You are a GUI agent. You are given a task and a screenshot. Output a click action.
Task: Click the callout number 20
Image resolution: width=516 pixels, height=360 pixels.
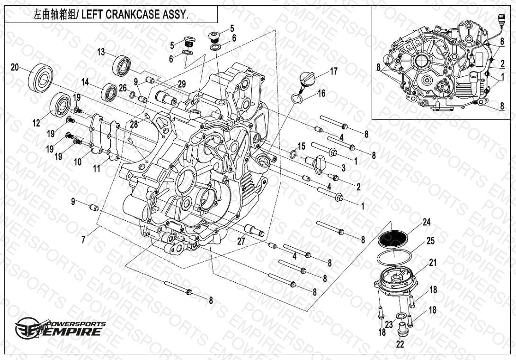pos(15,67)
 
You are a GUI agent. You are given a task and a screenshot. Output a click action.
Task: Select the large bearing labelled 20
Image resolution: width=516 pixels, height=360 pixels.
pos(41,78)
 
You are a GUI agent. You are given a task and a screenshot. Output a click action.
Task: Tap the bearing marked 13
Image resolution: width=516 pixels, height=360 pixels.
pos(122,66)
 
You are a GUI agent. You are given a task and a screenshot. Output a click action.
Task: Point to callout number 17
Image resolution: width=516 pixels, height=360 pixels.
pos(334,71)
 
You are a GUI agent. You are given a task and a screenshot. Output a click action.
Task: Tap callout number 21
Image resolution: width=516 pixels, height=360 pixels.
pos(433,262)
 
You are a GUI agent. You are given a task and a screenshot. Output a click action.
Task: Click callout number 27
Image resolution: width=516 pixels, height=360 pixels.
pos(241,241)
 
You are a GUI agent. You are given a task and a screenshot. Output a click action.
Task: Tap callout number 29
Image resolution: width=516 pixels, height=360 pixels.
pos(182,84)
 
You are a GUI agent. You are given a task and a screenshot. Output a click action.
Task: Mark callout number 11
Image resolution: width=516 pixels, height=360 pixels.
pos(97,168)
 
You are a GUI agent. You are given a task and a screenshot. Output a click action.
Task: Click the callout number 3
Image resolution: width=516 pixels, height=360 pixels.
pos(344,168)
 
